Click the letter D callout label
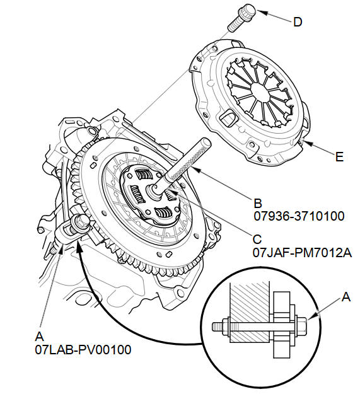(298, 22)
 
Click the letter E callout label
(339, 157)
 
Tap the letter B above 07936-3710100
(258, 204)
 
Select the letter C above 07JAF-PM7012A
(257, 240)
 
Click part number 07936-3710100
(299, 216)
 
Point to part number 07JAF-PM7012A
(302, 253)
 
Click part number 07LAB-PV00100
(83, 349)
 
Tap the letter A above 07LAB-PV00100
(40, 337)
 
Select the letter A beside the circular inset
(346, 297)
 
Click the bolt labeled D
(241, 18)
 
